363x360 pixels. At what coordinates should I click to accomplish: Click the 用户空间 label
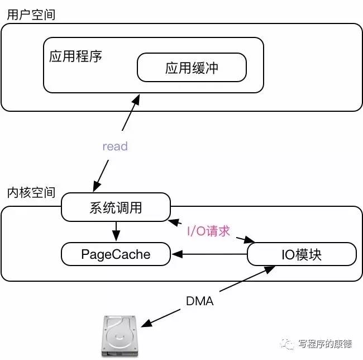coord(31,14)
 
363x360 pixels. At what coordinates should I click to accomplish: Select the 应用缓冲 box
coord(192,68)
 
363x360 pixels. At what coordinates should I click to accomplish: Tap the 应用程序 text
coord(75,57)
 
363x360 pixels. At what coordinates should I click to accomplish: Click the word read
coord(115,146)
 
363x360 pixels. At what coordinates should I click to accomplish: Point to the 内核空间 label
coord(31,192)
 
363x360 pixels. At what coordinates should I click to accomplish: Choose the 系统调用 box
coord(116,207)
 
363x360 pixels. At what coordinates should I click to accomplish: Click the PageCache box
coord(116,254)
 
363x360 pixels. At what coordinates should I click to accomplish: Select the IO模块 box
coord(302,254)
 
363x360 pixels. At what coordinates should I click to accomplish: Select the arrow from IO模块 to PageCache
coord(209,255)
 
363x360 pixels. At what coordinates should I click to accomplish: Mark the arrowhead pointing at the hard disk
coord(145,325)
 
